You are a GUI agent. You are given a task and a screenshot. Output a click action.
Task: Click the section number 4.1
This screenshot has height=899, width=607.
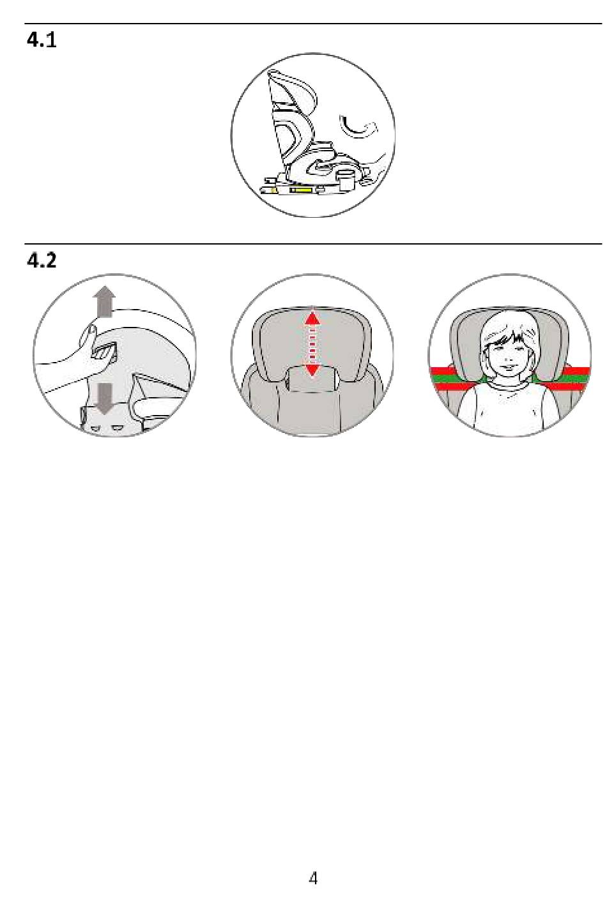point(42,40)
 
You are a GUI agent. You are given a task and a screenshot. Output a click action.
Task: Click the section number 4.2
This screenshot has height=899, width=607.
point(42,261)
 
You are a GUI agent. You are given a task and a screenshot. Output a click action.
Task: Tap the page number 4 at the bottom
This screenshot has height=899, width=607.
point(312,878)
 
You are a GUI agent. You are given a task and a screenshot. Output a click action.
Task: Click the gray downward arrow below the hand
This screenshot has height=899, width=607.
point(104,398)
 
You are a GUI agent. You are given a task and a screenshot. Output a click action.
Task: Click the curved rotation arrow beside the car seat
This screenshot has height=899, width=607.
point(358,128)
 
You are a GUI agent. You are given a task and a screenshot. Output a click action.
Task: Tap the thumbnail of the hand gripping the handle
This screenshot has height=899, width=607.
point(92,330)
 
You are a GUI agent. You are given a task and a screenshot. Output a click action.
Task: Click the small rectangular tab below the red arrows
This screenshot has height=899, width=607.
point(312,379)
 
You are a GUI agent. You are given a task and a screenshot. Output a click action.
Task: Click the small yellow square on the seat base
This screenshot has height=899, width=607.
point(273,190)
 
